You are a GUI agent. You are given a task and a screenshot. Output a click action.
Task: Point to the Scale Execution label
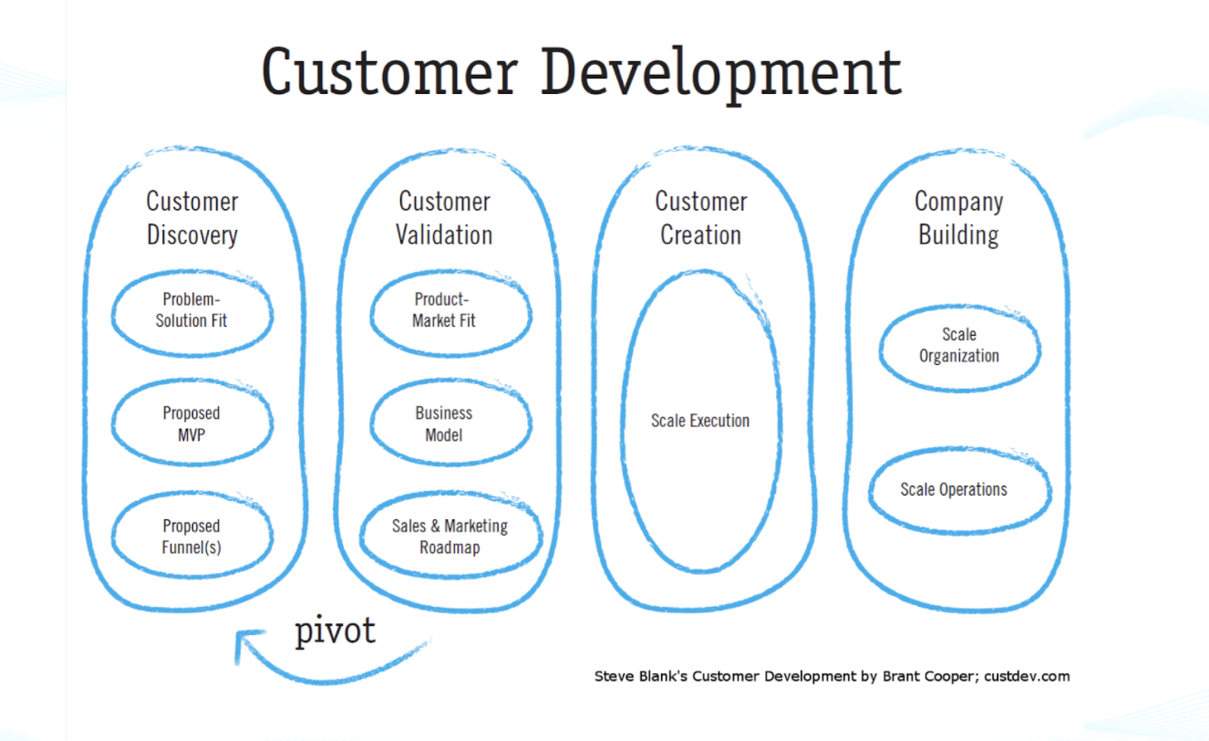(700, 421)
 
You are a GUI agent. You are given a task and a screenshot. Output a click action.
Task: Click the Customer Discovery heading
(192, 218)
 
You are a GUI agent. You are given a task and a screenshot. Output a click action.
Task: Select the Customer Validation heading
(444, 218)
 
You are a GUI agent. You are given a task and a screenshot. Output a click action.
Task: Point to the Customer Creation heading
(700, 218)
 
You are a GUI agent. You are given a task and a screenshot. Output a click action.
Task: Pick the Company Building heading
(959, 218)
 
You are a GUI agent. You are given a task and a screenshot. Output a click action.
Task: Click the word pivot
(335, 631)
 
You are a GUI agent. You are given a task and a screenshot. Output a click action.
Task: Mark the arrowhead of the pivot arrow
(245, 642)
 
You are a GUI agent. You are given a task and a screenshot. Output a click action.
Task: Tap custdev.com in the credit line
(1027, 676)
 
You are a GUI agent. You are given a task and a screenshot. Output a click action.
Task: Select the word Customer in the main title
(389, 72)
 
